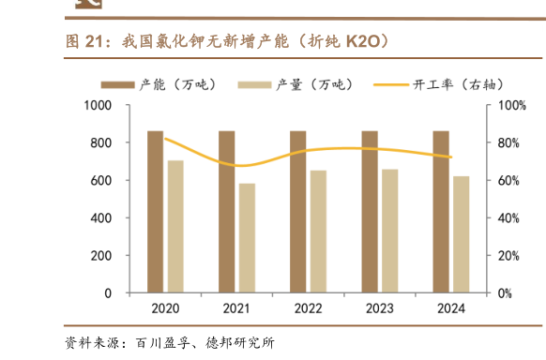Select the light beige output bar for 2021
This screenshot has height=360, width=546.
pos(247,238)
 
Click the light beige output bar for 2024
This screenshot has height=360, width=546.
pos(461,234)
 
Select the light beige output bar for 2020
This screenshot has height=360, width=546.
pos(175,227)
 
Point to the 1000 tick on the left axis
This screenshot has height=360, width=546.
pos(98,106)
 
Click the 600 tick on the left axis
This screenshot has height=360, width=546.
pos(101,181)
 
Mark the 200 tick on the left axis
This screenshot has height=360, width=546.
pos(101,256)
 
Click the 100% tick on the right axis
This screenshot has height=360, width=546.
pos(508,106)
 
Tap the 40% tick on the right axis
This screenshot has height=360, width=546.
pos(506,218)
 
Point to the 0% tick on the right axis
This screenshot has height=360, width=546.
pos(503,293)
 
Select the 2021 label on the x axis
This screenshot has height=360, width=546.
pos(236,308)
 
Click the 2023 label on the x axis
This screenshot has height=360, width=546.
pos(379,308)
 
